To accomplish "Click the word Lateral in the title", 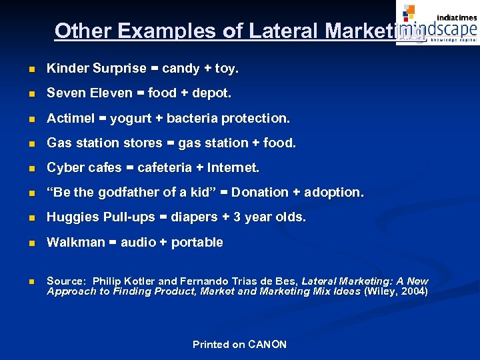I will click(285, 31).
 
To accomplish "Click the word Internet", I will click(234, 167).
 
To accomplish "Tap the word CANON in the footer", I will click(267, 345).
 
